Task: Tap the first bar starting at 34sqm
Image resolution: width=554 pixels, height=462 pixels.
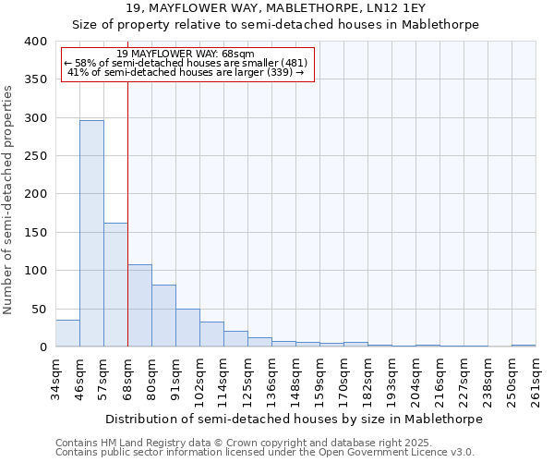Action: point(67,334)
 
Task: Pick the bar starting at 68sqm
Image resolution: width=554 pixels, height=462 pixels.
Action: point(139,306)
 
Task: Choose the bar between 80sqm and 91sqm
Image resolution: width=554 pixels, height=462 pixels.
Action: point(163,316)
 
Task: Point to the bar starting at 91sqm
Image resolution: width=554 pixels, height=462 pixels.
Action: point(187,328)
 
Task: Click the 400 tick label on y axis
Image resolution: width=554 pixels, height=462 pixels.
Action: point(36,42)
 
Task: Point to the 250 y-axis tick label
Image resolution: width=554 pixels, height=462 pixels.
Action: point(36,156)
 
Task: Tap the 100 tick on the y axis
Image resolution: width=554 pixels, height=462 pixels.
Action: point(36,271)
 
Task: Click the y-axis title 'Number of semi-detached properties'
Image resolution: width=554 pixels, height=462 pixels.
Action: point(9,199)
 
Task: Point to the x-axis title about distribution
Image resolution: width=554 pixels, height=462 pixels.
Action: point(294,419)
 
